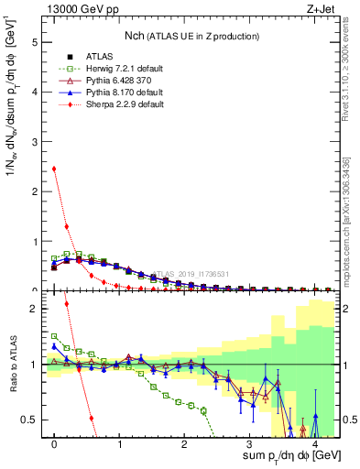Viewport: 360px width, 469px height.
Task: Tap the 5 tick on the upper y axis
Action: click(35, 42)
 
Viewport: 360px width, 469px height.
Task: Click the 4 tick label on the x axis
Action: click(314, 444)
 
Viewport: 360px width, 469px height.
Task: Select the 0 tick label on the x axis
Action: click(55, 444)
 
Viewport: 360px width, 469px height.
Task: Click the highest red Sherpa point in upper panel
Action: click(54, 169)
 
